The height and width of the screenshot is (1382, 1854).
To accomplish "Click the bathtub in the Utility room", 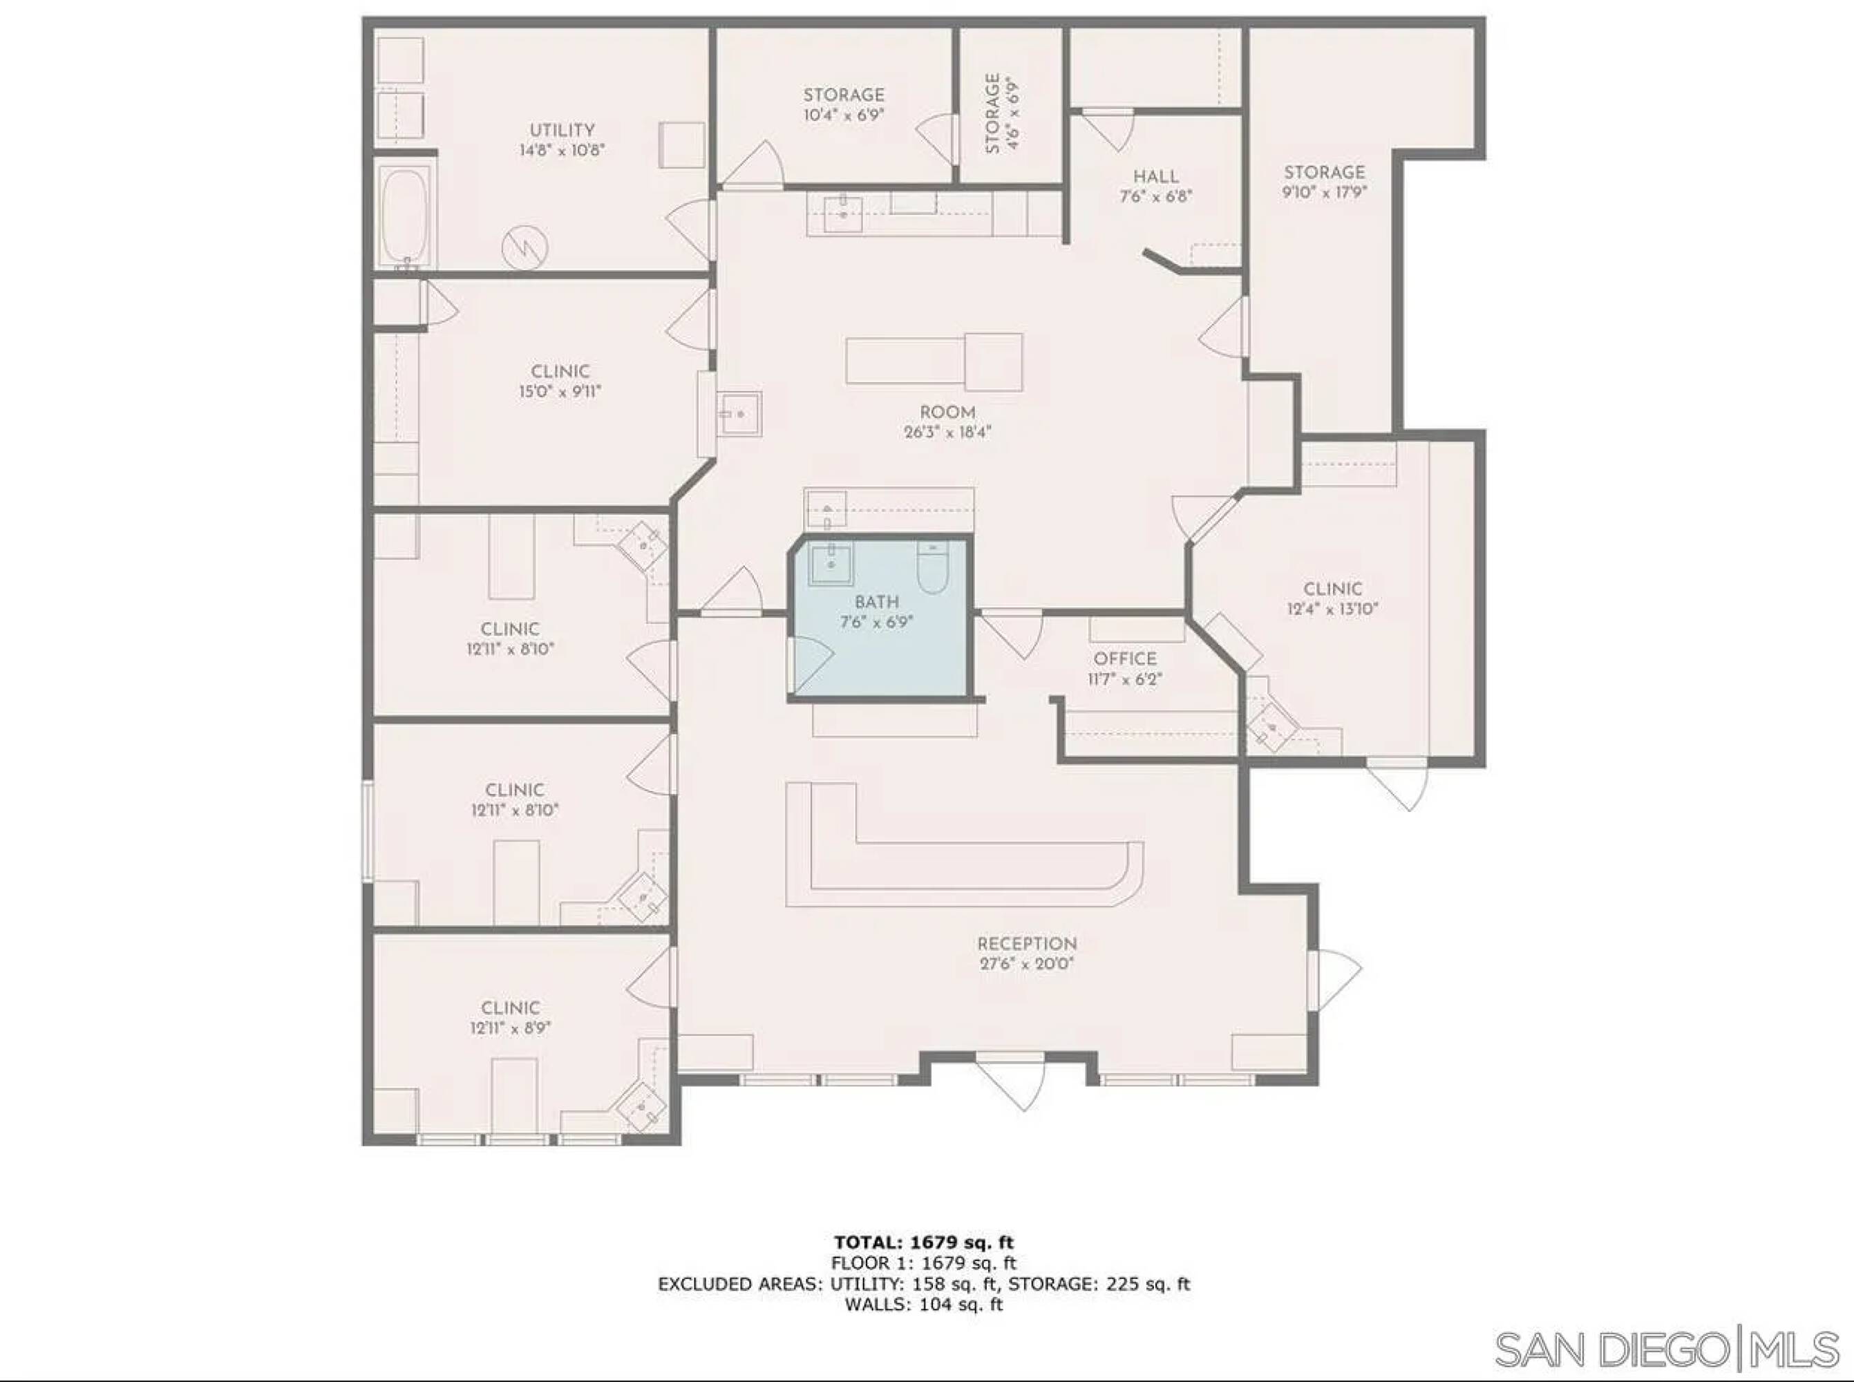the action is [x=406, y=216].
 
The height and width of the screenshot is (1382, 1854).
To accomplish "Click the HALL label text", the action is [x=1156, y=176].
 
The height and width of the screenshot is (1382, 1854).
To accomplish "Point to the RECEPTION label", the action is [x=1027, y=944].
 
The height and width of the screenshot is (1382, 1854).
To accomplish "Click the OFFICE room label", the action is [x=1125, y=659].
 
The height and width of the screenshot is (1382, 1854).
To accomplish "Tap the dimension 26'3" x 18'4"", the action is [x=947, y=433].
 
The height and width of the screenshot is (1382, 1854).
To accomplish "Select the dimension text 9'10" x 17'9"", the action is [x=1325, y=192].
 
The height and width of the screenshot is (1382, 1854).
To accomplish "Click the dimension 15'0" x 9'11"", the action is [x=560, y=392].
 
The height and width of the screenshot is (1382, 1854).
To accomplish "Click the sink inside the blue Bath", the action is [x=831, y=565].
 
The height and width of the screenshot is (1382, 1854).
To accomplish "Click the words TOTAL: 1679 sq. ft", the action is [x=924, y=1242].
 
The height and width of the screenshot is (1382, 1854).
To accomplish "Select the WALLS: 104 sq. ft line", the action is [x=924, y=1303].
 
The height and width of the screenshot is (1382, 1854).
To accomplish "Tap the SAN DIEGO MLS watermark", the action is [x=1667, y=1350].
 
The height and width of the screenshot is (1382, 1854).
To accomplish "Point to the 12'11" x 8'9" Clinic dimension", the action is [x=511, y=1028].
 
